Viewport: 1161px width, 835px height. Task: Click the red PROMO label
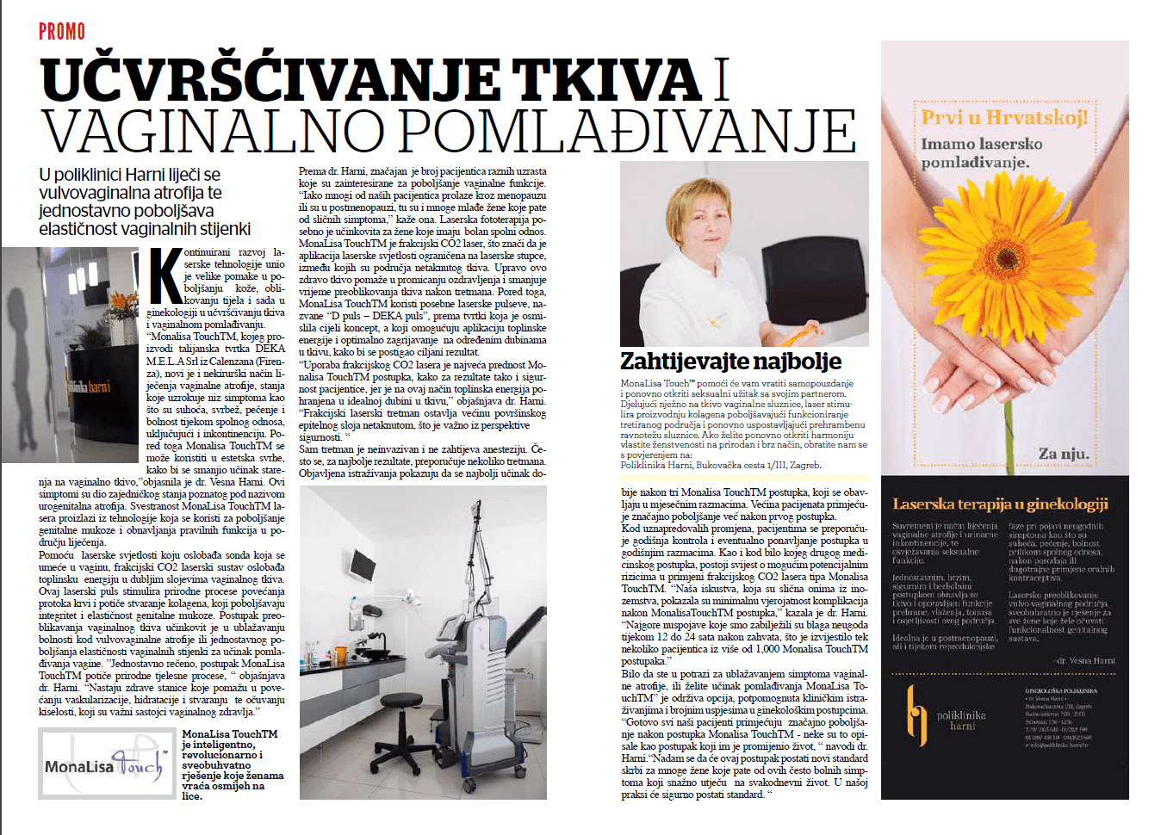pos(62,32)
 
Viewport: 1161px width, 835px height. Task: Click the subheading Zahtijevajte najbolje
pos(730,361)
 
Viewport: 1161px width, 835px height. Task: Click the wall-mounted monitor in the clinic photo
pos(362,564)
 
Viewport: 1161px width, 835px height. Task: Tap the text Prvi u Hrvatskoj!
pos(1004,117)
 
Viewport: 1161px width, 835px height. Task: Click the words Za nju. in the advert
pos(1063,454)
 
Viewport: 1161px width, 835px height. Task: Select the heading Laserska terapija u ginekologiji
pos(1000,504)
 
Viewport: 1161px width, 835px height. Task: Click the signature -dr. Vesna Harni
pos(1083,661)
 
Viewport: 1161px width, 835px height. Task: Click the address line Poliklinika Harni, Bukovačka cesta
pos(720,465)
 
